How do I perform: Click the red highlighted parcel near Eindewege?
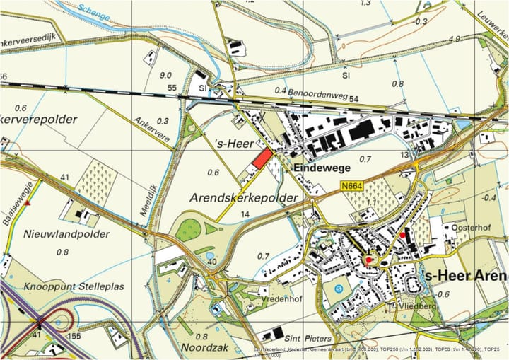[x=262, y=159]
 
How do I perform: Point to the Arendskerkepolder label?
[x=243, y=199]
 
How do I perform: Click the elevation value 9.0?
[x=166, y=75]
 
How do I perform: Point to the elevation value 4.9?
[x=455, y=39]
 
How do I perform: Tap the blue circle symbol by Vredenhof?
[x=338, y=288]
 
